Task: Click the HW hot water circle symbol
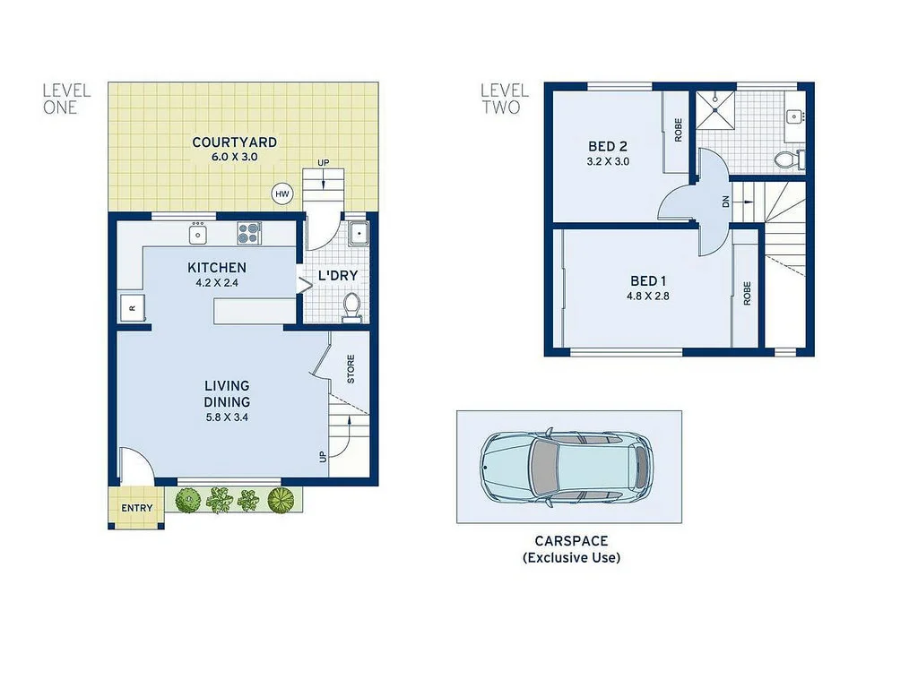point(283,193)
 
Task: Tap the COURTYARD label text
point(234,142)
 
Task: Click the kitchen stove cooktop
point(248,234)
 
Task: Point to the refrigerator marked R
point(131,308)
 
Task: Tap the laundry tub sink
point(357,235)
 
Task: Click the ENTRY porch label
point(137,509)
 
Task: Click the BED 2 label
point(607,147)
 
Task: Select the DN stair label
point(725,202)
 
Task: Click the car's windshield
point(543,466)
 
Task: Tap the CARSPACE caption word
point(571,541)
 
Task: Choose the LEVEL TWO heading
point(505,99)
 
